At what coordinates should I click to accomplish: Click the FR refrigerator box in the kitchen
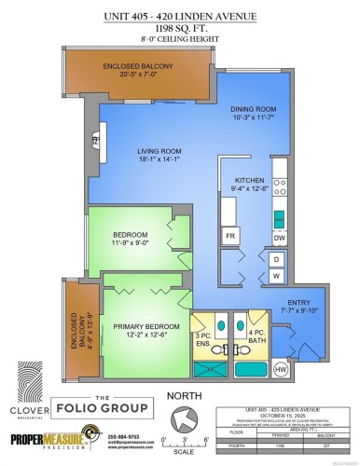click(229, 237)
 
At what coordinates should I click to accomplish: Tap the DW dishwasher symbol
click(279, 238)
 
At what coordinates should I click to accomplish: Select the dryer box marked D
click(276, 259)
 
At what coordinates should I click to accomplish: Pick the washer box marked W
click(276, 277)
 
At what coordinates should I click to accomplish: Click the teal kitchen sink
click(279, 220)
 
